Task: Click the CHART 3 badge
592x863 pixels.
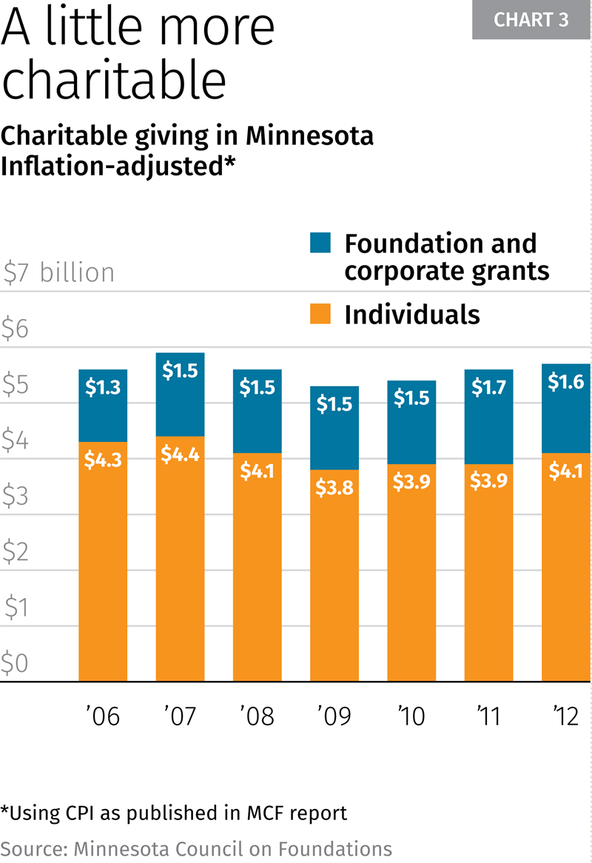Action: pos(531,20)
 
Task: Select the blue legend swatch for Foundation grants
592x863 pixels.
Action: pos(320,243)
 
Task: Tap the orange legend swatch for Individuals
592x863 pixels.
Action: pos(320,314)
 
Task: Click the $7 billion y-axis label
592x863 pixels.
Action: pos(58,273)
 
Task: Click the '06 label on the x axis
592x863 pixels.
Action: pos(102,716)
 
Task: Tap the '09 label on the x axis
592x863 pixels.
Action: pos(334,716)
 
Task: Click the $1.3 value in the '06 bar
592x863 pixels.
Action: pos(103,387)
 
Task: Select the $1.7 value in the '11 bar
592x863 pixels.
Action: pos(488,387)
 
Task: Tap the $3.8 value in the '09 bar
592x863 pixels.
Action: pos(334,489)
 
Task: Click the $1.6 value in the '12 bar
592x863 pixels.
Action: pos(566,382)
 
